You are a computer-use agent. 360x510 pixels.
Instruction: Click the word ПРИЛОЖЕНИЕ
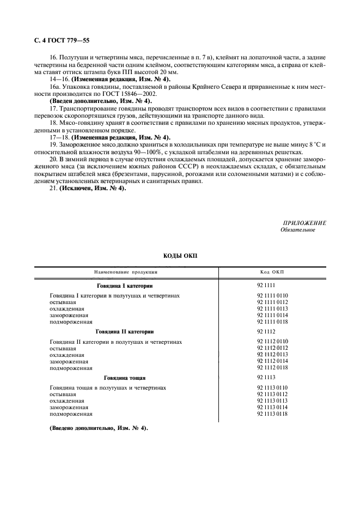[x=304, y=223]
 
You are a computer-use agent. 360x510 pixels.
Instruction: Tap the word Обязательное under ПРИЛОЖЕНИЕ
[x=297, y=230]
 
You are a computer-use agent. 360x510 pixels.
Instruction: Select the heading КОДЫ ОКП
[x=180, y=256]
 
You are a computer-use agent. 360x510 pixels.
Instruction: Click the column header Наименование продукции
[x=126, y=272]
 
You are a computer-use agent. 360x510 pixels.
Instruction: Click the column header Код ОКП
[x=272, y=272]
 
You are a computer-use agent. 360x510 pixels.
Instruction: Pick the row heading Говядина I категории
[x=125, y=285]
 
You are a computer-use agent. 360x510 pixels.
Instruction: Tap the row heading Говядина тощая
[x=125, y=377]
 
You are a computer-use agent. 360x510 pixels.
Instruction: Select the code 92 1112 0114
[x=272, y=361]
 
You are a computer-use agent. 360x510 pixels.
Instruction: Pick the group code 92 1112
[x=266, y=331]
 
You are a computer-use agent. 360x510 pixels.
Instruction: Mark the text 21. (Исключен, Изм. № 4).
[x=88, y=189]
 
